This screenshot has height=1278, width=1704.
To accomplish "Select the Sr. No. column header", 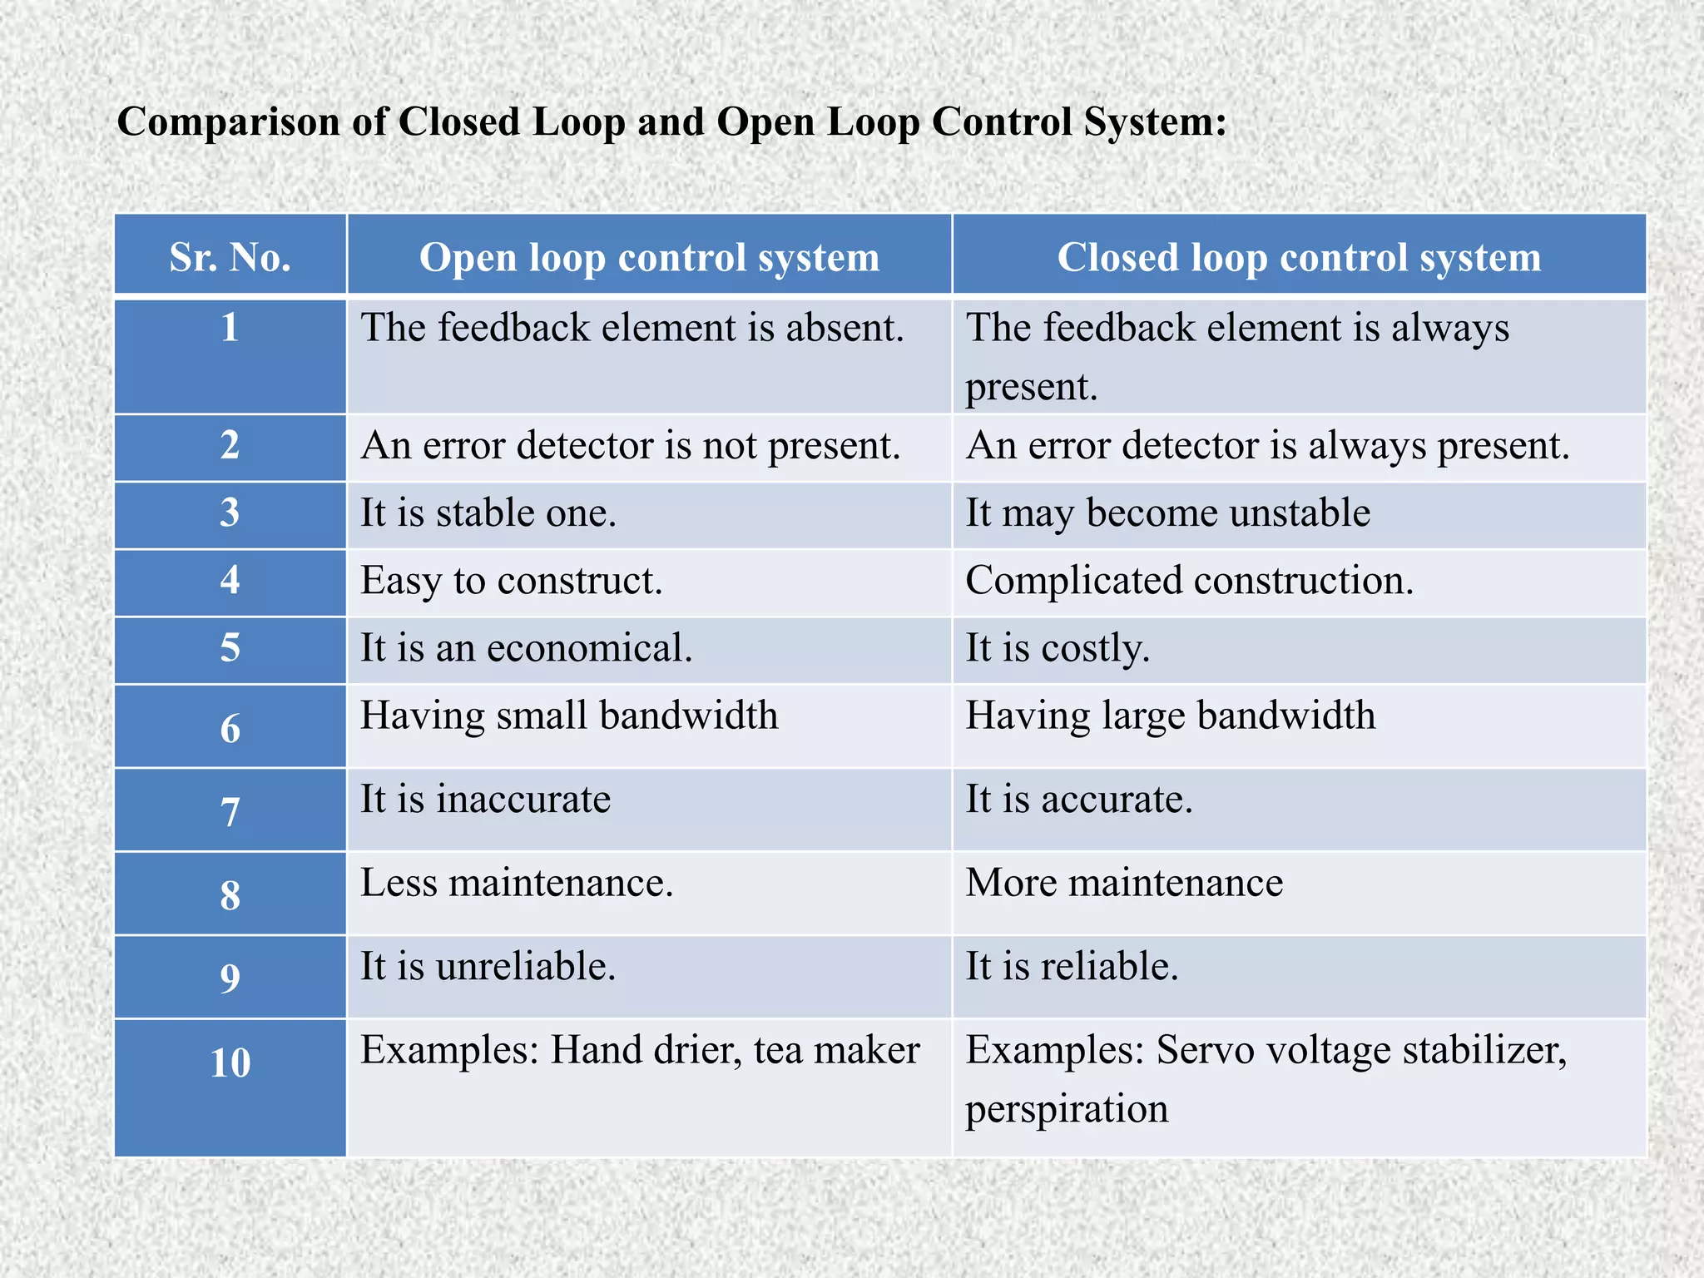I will (x=230, y=257).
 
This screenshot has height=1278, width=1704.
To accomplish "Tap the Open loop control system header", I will (x=649, y=257).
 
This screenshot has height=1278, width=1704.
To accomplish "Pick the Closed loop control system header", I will (x=1299, y=257).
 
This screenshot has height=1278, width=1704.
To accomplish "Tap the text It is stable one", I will (x=488, y=513).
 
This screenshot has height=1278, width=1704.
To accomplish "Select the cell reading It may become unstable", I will (x=1167, y=513).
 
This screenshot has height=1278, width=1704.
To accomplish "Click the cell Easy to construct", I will (x=511, y=581).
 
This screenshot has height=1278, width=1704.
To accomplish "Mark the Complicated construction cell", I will (x=1189, y=581).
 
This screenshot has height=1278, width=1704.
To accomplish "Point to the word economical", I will (x=589, y=648).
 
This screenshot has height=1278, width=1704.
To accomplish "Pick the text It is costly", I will (x=1058, y=648).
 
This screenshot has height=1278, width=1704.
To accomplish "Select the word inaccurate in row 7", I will (x=523, y=800).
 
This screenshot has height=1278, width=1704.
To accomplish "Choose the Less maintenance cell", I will (x=516, y=883).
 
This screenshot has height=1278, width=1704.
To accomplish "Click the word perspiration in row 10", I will (x=1067, y=1110).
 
